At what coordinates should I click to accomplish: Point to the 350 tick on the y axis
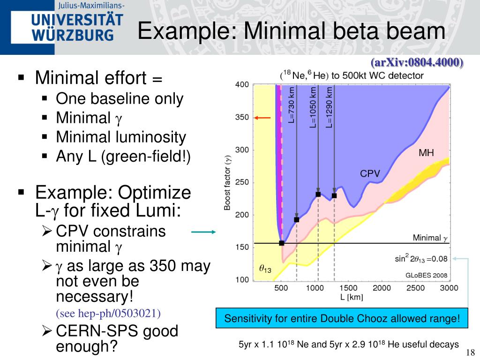tap(242, 118)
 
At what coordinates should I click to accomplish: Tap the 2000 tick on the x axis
tap(382, 288)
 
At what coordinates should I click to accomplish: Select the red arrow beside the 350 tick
tap(263, 118)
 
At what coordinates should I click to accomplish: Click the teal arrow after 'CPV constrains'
tap(203, 232)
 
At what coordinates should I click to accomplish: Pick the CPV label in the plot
tap(369, 174)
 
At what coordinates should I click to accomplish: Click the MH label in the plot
tap(426, 153)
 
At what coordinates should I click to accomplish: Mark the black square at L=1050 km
tap(318, 194)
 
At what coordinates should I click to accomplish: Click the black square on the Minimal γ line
tap(282, 243)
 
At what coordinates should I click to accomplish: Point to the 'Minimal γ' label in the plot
tap(430, 238)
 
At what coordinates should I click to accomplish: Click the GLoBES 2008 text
tap(426, 275)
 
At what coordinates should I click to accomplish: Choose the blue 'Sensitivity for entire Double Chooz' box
tap(342, 319)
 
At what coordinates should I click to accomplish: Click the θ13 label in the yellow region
tap(265, 269)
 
